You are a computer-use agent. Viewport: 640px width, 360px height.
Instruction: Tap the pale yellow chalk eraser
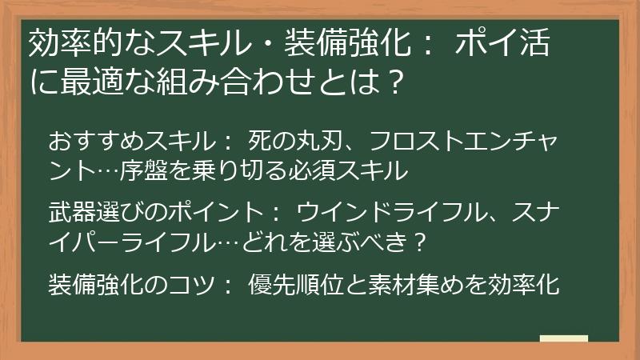(564, 338)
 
